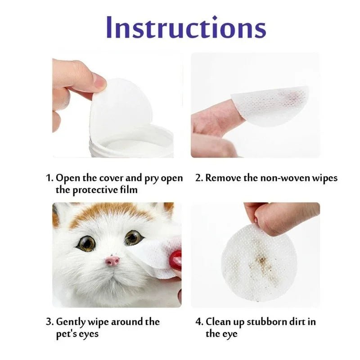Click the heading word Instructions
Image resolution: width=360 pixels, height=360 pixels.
point(186,27)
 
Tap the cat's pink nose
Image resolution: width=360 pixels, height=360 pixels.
point(112,261)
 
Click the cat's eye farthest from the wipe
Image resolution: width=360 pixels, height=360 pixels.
point(86,243)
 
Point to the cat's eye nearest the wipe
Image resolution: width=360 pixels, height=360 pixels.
point(134,238)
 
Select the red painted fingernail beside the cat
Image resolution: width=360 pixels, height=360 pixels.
point(175,260)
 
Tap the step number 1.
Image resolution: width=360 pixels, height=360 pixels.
point(49,178)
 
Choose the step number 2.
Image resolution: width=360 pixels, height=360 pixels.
point(198,178)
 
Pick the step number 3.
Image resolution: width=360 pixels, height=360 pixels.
point(49,322)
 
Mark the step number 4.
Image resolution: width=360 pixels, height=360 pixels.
point(198,322)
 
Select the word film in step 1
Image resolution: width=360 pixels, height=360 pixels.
point(127,190)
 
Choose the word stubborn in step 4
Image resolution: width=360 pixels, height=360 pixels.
point(257,322)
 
